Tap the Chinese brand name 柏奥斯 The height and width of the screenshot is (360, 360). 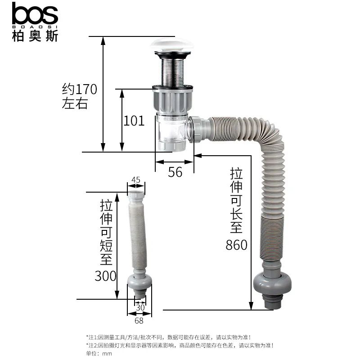(x=35, y=36)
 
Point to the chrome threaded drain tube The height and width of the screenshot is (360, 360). (x=173, y=72)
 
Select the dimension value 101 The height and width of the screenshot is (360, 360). (x=134, y=121)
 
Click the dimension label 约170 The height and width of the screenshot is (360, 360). (x=80, y=89)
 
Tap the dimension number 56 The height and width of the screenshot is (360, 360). (x=175, y=172)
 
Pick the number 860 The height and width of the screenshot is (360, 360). (x=237, y=245)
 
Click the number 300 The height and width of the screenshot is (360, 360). (x=105, y=276)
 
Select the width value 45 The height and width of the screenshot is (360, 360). (x=136, y=180)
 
